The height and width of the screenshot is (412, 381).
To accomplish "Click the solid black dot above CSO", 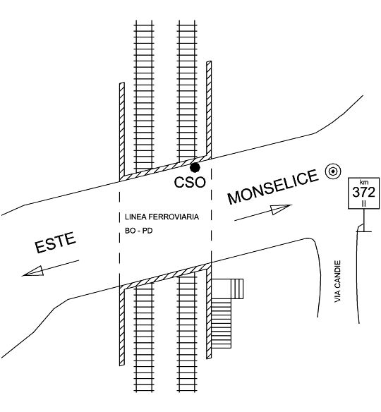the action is pyautogui.click(x=195, y=167).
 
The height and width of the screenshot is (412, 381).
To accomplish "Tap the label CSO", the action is pyautogui.click(x=190, y=182).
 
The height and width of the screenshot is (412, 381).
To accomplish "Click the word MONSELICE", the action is pyautogui.click(x=273, y=187).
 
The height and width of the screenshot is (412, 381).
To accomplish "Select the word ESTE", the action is pyautogui.click(x=56, y=243).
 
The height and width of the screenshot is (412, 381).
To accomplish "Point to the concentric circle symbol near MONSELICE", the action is pyautogui.click(x=333, y=171).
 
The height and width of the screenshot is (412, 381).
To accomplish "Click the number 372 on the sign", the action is pyautogui.click(x=363, y=193).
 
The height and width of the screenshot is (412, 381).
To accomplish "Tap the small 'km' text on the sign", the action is pyautogui.click(x=364, y=182).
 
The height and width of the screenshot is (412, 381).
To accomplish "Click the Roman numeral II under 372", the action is pyautogui.click(x=364, y=203).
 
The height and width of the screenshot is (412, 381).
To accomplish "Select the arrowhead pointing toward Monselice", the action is pyautogui.click(x=282, y=209).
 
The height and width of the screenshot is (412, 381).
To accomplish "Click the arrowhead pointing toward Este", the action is pyautogui.click(x=33, y=272).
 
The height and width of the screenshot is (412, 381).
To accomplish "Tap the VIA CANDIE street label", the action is pyautogui.click(x=337, y=281).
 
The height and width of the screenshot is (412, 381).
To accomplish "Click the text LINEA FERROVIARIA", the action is pyautogui.click(x=162, y=217).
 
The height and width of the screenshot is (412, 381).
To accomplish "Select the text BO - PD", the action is pyautogui.click(x=139, y=231).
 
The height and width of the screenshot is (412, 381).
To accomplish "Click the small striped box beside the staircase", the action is pyautogui.click(x=237, y=289).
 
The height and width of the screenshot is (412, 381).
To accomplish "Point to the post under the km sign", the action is pyautogui.click(x=364, y=220).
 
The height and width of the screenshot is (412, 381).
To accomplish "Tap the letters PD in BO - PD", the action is pyautogui.click(x=147, y=231).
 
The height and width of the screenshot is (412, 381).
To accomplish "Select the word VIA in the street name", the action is pyautogui.click(x=337, y=297).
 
